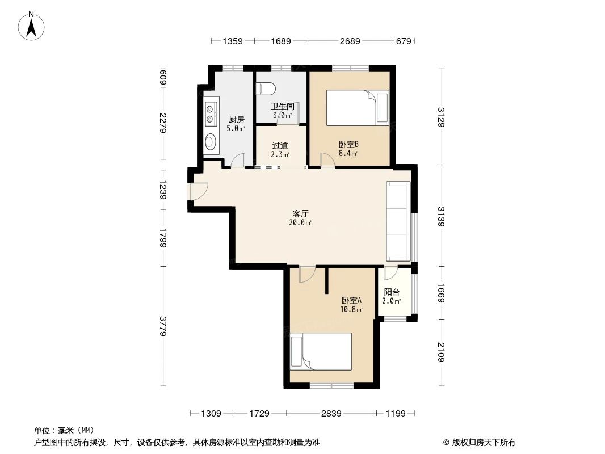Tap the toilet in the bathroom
pyautogui.click(x=265, y=89)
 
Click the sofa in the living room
pyautogui.click(x=398, y=221)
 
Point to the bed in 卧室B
pyautogui.click(x=357, y=108)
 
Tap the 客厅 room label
pyautogui.click(x=300, y=214)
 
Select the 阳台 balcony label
pyautogui.click(x=392, y=292)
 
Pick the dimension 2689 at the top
pyautogui.click(x=350, y=41)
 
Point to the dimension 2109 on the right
pyautogui.click(x=441, y=351)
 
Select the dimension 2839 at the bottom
pyautogui.click(x=331, y=414)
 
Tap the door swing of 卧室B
pyautogui.click(x=327, y=159)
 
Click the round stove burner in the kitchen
pyautogui.click(x=211, y=141)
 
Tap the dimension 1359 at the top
pyautogui.click(x=233, y=41)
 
